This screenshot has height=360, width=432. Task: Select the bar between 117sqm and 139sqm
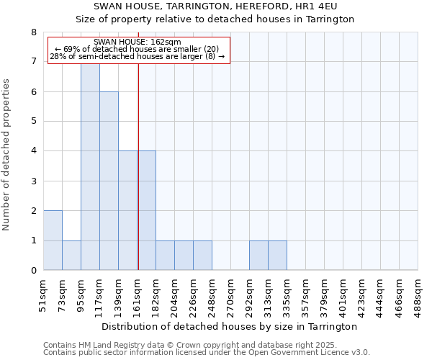pyautogui.click(x=109, y=181)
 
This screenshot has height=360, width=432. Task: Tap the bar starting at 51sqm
pyautogui.click(x=53, y=240)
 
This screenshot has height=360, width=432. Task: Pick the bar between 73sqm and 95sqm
pyautogui.click(x=71, y=256)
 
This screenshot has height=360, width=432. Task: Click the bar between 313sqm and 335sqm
pyautogui.click(x=277, y=256)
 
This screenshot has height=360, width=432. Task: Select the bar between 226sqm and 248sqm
pyautogui.click(x=202, y=256)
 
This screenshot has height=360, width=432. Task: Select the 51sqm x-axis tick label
pyautogui.click(x=44, y=294)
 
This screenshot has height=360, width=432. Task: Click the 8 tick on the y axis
pyautogui.click(x=33, y=32)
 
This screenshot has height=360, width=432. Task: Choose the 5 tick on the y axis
pyautogui.click(x=33, y=122)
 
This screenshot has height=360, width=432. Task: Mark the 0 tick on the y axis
pyautogui.click(x=33, y=271)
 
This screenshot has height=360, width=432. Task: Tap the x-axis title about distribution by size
pyautogui.click(x=230, y=327)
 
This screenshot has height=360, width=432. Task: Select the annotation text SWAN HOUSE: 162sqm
pyautogui.click(x=138, y=42)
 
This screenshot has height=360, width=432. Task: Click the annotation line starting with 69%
pyautogui.click(x=138, y=49)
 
